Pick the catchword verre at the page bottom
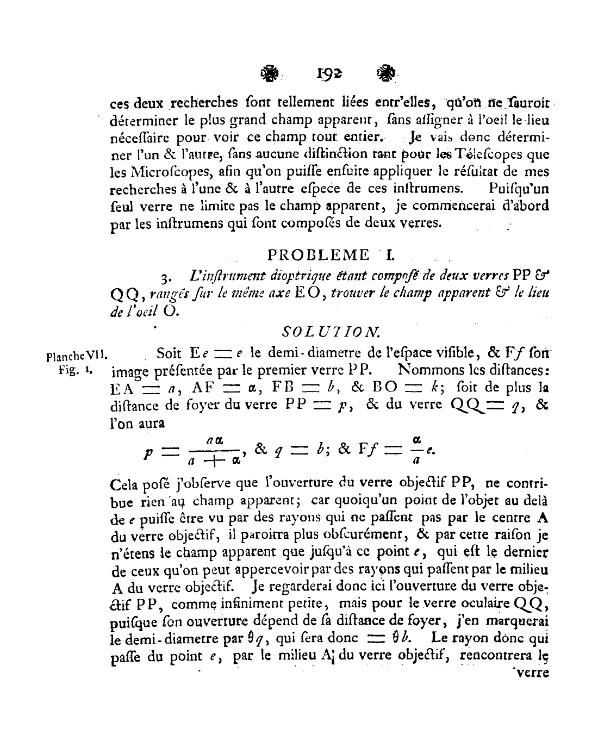(x=532, y=673)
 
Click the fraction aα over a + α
(x=215, y=451)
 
